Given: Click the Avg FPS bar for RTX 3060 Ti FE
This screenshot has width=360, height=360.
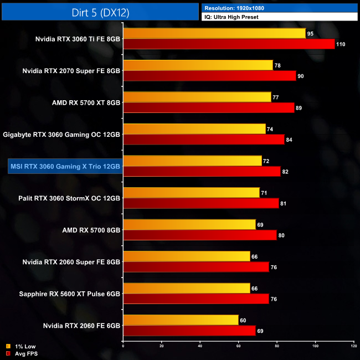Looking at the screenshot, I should click(229, 44).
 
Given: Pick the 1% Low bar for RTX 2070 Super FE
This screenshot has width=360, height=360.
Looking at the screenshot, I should click(198, 65).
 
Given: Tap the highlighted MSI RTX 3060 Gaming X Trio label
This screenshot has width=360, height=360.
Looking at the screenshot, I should click(64, 166).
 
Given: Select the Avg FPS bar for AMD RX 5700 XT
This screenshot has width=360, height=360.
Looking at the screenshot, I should click(208, 108).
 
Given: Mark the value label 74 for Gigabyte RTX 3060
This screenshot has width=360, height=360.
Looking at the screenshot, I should click(270, 129).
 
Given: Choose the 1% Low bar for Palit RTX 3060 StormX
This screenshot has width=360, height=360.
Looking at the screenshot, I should click(191, 193).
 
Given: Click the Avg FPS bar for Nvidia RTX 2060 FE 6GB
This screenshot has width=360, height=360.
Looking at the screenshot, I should click(189, 331).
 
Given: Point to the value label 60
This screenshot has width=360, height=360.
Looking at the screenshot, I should click(243, 320).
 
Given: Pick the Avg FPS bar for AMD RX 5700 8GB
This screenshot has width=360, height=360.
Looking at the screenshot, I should click(199, 235).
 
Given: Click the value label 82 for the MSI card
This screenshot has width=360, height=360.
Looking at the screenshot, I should click(285, 172).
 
